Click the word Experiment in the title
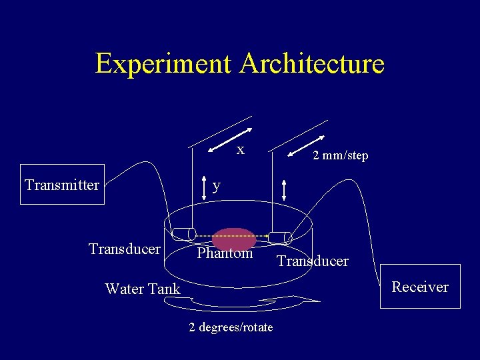tap(165, 64)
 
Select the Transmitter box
tap(62, 185)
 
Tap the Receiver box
tap(420, 287)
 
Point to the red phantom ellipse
tap(234, 239)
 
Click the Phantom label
tap(225, 253)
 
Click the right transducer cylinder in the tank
tap(280, 237)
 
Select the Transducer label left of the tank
tap(125, 249)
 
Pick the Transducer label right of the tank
tap(313, 261)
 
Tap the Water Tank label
tap(143, 289)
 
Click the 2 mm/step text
tap(341, 155)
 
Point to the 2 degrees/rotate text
tap(231, 327)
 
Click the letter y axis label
tap(216, 185)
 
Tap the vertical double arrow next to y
tap(204, 188)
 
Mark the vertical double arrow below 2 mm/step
tap(285, 189)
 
